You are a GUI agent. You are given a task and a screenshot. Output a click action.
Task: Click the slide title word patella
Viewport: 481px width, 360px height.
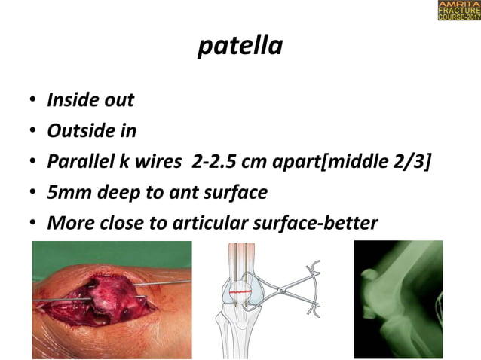pyautogui.click(x=240, y=47)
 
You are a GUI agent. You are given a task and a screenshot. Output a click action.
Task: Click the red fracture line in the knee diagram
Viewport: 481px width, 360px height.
pyautogui.click(x=243, y=290)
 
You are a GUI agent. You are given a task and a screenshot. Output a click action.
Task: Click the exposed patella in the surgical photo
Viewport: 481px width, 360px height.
pyautogui.click(x=113, y=297)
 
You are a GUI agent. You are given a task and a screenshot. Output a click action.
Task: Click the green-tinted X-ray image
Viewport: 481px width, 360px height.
pyautogui.click(x=398, y=300)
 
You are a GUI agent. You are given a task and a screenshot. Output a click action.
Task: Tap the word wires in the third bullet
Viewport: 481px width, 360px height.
pyautogui.click(x=166, y=161)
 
